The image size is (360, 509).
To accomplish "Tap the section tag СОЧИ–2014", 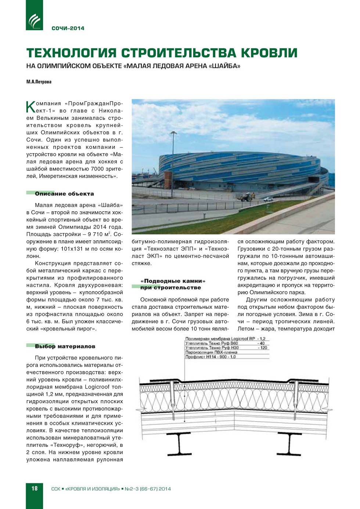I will pos(68,28).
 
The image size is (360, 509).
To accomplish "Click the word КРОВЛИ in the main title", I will pos(269,53).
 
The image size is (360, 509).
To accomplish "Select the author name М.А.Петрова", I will pos(39,82).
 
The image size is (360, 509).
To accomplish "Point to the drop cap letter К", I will pos(30,107).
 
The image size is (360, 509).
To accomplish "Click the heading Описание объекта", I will pos(64,194).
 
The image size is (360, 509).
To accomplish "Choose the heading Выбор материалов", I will pos(65,346).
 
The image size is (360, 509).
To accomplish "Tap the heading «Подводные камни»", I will pos(173,281).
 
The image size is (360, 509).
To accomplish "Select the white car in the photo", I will pos(268,199).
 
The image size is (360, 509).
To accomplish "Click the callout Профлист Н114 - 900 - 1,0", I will pos(210,357).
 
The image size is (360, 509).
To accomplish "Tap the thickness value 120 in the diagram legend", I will pos(263,348).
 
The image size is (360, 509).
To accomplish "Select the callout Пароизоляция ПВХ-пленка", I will pos(211,352).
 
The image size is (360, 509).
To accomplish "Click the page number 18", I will pos(34,488).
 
